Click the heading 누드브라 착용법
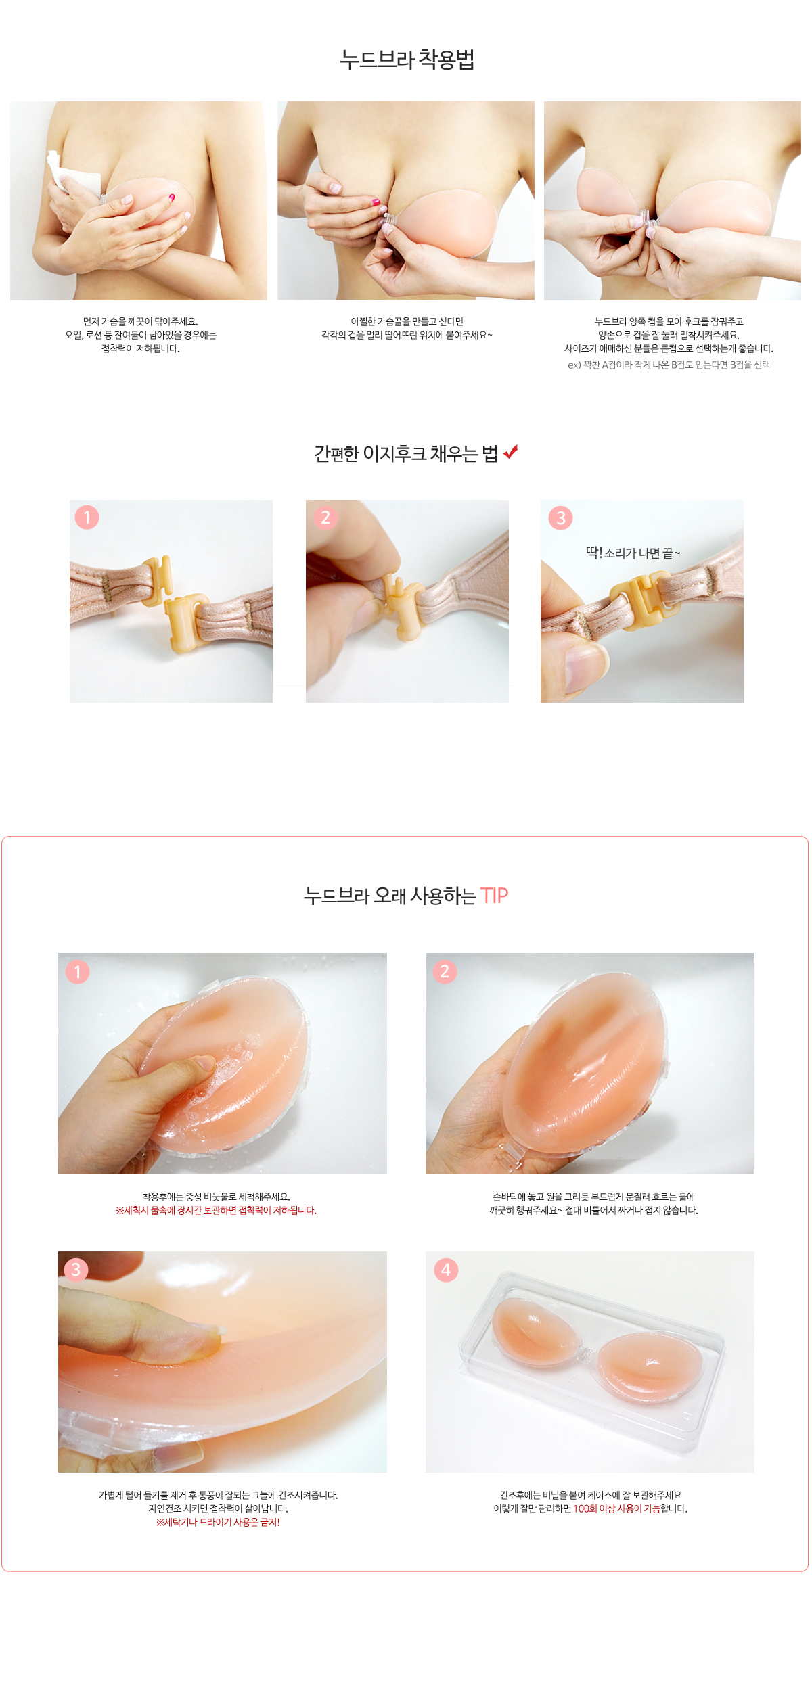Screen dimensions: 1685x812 [407, 60]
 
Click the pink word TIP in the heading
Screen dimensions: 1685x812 [494, 896]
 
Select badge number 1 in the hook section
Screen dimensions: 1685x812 [87, 517]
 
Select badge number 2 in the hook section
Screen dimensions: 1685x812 [325, 517]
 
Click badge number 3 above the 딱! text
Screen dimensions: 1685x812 [560, 518]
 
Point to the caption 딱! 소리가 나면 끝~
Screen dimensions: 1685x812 [633, 553]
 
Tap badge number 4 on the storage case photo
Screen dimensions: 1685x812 [446, 1270]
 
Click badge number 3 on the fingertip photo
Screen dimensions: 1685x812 [76, 1270]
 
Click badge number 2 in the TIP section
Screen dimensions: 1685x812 [445, 971]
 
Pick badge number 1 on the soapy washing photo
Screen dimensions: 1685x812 [77, 972]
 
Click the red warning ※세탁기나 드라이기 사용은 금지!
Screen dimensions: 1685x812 [218, 1522]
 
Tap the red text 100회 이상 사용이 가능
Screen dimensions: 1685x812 [616, 1508]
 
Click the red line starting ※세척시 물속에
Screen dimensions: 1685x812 [216, 1210]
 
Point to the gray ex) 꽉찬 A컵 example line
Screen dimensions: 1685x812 [669, 365]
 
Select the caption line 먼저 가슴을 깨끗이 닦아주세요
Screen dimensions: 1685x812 [140, 321]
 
